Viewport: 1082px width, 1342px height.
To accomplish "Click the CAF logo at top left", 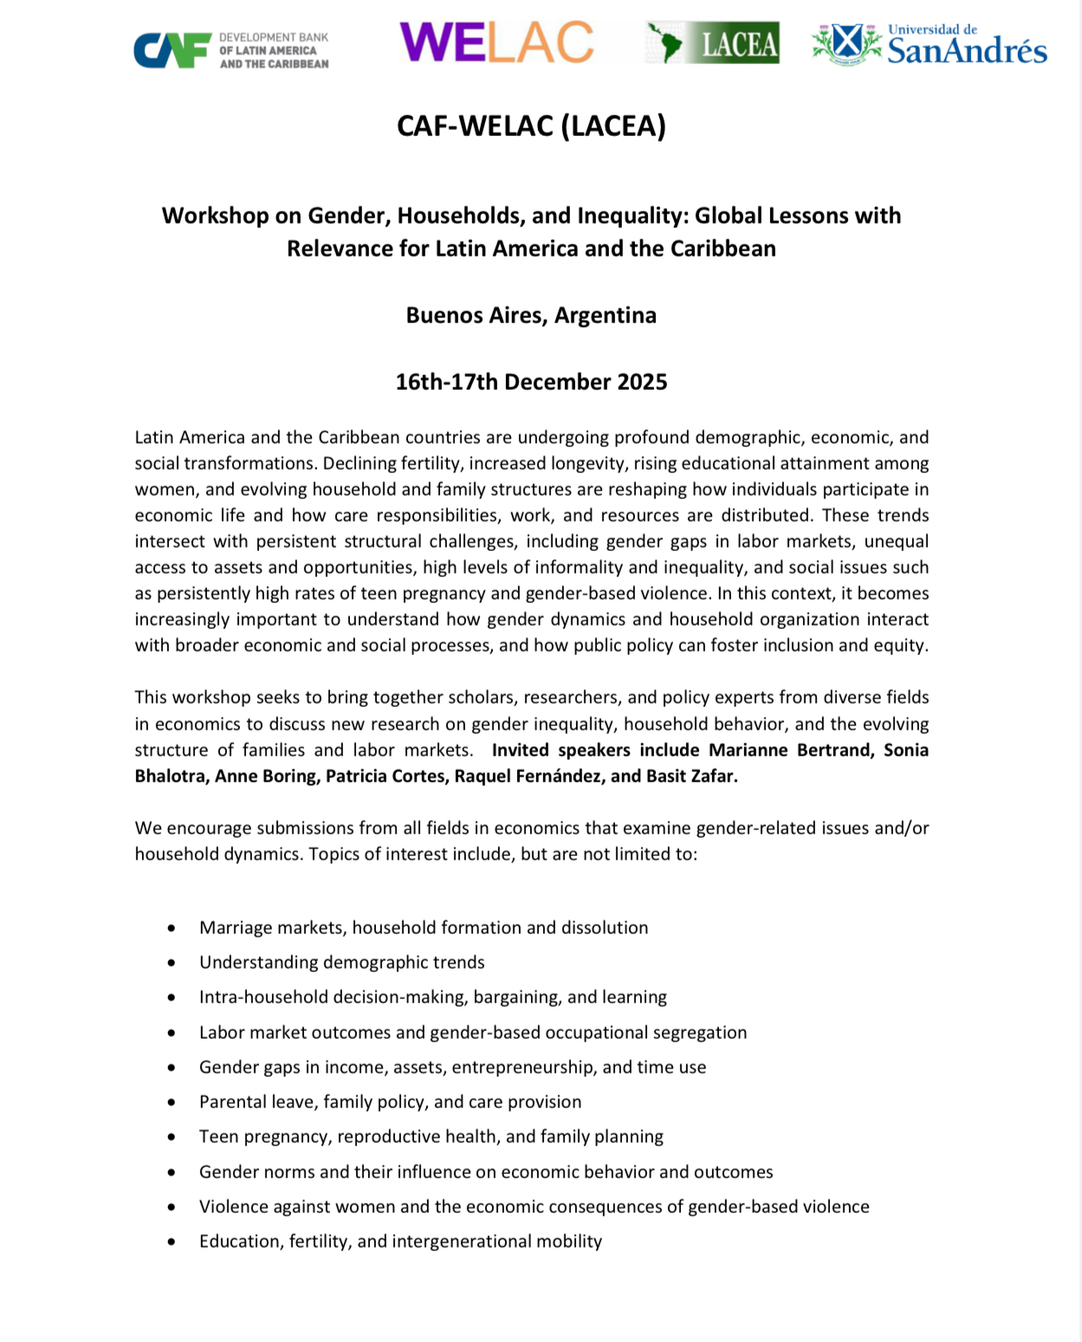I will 230,49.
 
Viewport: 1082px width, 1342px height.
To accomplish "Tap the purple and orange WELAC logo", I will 496,42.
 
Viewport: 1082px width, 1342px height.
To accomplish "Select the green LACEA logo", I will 712,42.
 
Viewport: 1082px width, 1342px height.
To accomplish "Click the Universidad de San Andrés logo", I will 929,44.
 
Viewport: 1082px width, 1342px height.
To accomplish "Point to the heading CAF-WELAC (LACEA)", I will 531,126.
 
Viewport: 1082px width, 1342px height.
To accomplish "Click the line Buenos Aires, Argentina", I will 531,315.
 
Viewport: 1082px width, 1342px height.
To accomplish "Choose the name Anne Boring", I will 265,776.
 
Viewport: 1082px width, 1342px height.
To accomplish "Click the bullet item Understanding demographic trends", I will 341,963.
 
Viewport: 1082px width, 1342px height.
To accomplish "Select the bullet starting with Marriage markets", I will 424,928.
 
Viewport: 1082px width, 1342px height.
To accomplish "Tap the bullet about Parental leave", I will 390,1102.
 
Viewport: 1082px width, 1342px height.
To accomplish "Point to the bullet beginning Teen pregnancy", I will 431,1137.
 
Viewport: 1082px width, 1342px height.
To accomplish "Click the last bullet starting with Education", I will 400,1242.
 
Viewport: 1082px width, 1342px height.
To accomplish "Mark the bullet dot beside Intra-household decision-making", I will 172,998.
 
